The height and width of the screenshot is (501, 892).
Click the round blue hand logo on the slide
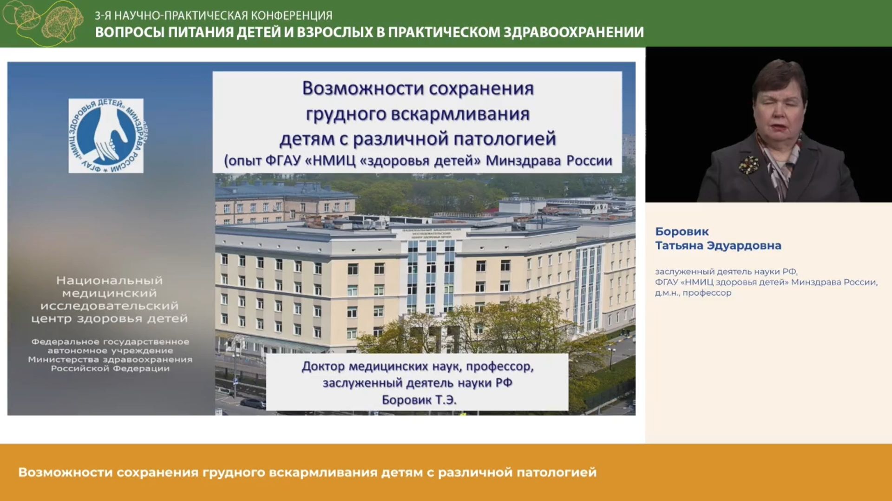pyautogui.click(x=106, y=136)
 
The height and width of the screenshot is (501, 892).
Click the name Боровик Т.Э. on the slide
pyautogui.click(x=419, y=400)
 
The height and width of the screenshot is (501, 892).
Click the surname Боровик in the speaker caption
pyautogui.click(x=682, y=231)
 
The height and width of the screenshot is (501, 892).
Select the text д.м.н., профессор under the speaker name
pyautogui.click(x=693, y=293)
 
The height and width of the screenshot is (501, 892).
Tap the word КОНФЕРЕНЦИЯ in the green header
pyautogui.click(x=292, y=15)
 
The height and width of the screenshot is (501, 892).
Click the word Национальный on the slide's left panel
pyautogui.click(x=109, y=281)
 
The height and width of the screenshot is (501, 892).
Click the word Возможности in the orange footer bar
pyautogui.click(x=65, y=472)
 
